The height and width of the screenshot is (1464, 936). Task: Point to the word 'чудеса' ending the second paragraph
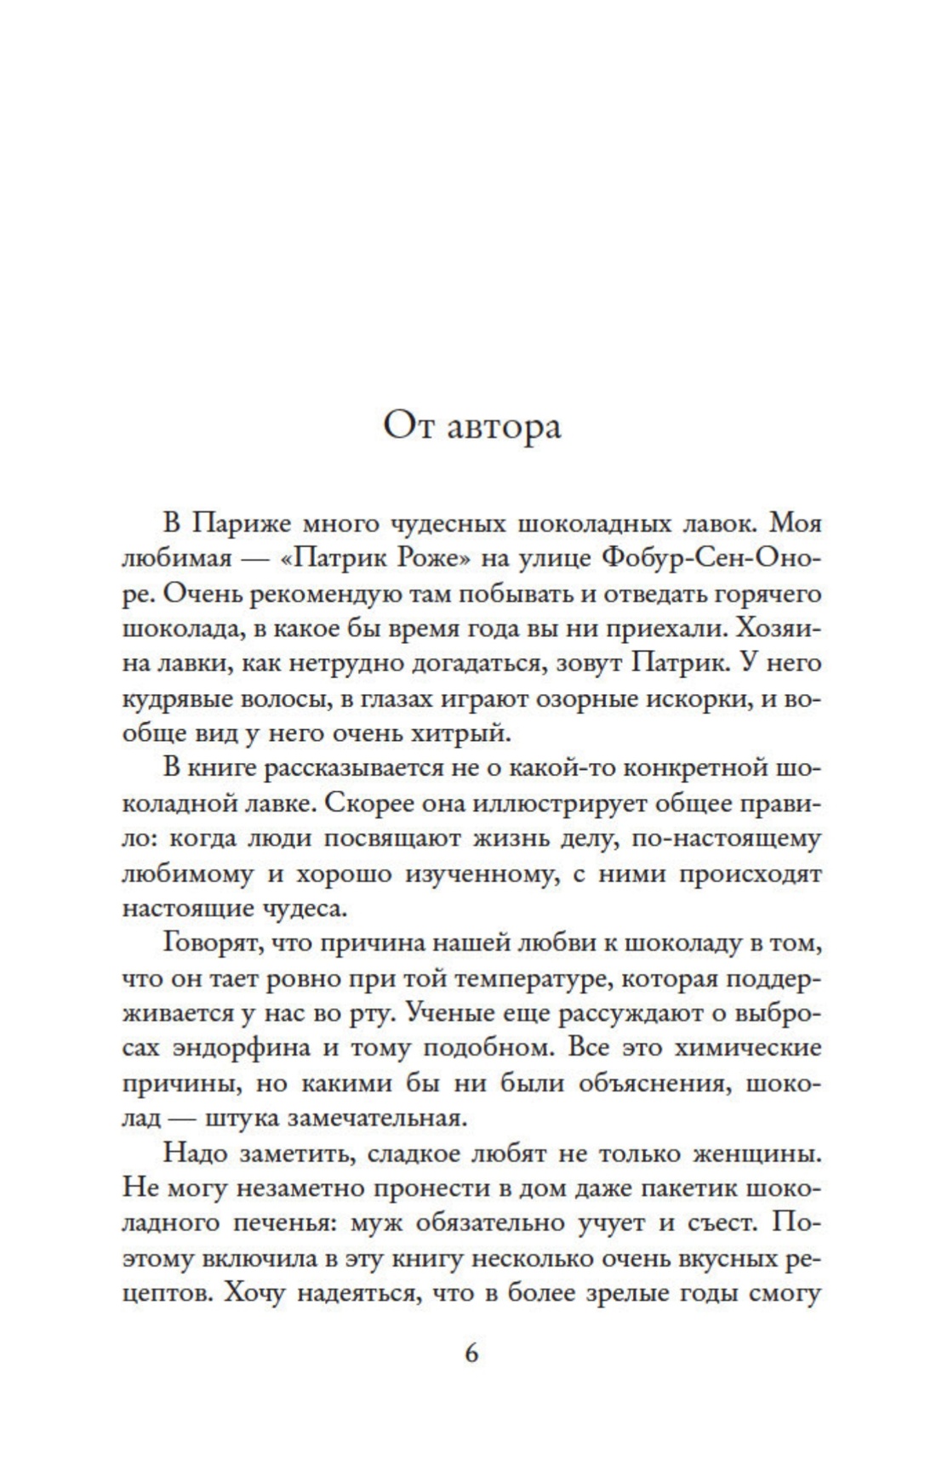click(x=304, y=908)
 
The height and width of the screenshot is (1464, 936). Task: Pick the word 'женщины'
click(x=756, y=1154)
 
